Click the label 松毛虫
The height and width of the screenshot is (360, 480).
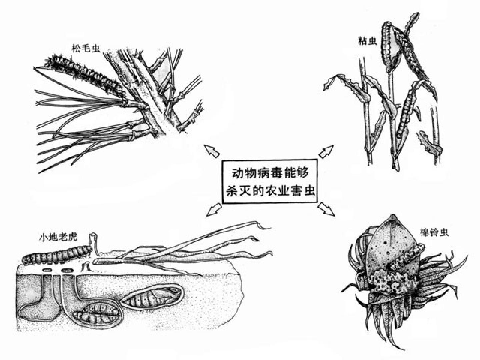click(x=86, y=49)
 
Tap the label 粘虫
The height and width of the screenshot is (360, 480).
click(x=368, y=41)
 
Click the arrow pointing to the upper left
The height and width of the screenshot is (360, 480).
click(x=211, y=151)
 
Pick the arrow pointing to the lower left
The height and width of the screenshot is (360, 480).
click(x=214, y=210)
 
